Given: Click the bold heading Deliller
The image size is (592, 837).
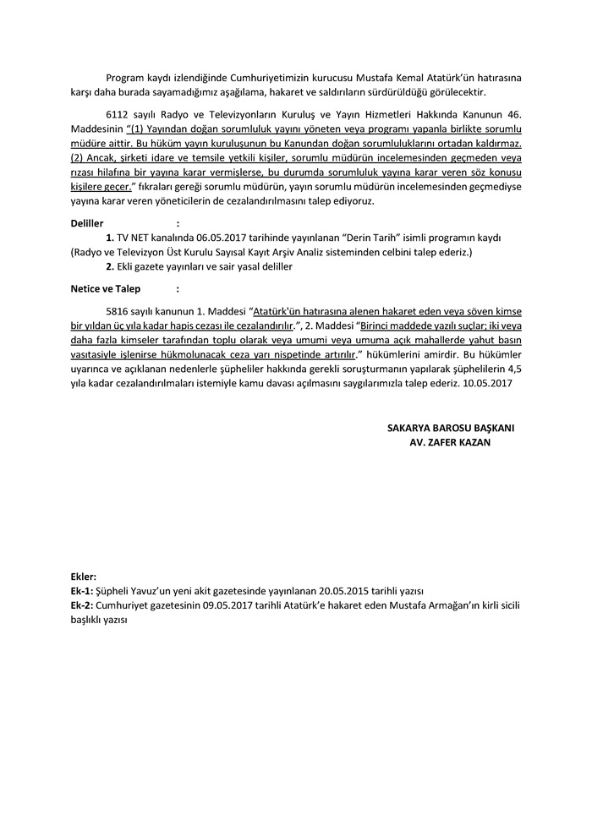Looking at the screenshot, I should click(x=86, y=223).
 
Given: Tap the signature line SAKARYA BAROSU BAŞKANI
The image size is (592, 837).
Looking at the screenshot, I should click(x=451, y=428).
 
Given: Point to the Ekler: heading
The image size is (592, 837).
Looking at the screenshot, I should click(x=83, y=576).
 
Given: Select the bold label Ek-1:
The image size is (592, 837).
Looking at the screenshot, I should click(x=83, y=590).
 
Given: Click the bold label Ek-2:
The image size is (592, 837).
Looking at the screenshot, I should click(x=83, y=605).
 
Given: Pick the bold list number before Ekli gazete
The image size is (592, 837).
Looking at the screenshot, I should click(x=110, y=267).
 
